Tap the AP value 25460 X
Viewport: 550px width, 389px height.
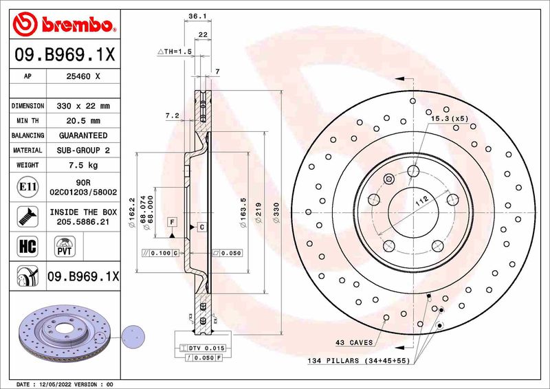[83, 78]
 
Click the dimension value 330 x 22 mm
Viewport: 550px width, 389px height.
[83, 107]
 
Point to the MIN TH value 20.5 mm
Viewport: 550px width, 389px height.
[83, 121]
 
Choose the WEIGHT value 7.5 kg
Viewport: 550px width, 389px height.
[83, 165]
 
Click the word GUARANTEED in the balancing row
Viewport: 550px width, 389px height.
[83, 135]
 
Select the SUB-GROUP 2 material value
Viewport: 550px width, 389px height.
[83, 150]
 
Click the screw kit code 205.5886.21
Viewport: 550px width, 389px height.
[83, 222]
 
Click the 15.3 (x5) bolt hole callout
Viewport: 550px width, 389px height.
[449, 119]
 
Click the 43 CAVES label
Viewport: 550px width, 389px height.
[354, 342]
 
